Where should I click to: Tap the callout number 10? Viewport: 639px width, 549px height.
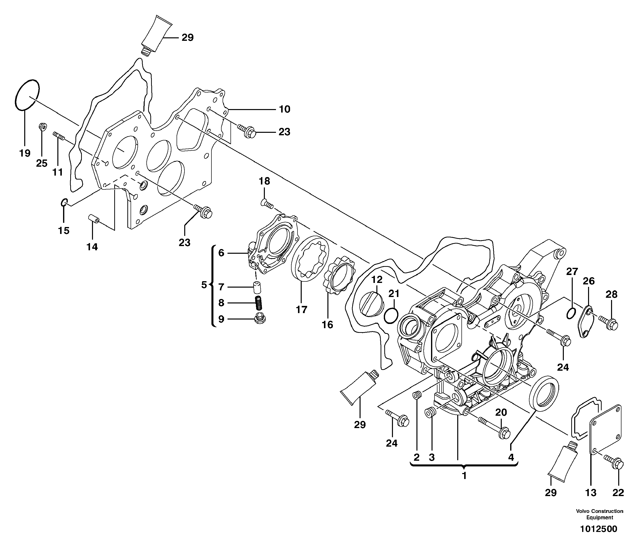click(x=284, y=109)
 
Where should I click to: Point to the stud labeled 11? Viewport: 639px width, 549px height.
click(x=59, y=136)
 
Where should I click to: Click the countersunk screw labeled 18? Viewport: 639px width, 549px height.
click(x=266, y=203)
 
